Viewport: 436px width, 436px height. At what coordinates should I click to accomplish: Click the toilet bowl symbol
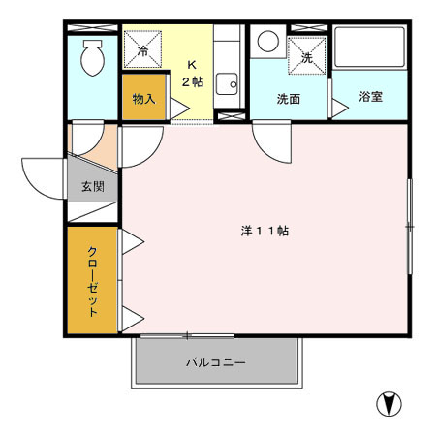pyautogui.click(x=93, y=58)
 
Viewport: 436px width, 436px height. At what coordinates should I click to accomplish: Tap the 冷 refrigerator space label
pyautogui.click(x=142, y=51)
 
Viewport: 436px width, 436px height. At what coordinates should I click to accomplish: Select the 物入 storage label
pyautogui.click(x=143, y=99)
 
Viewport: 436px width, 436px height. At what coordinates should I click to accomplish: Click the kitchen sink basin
pyautogui.click(x=227, y=84)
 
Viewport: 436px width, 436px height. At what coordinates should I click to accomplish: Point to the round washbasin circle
pyautogui.click(x=268, y=42)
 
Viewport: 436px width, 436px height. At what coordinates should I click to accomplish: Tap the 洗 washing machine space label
pyautogui.click(x=307, y=58)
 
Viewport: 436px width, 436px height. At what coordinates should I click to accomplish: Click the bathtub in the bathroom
pyautogui.click(x=369, y=47)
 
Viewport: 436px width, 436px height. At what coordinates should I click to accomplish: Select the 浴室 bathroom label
pyautogui.click(x=371, y=97)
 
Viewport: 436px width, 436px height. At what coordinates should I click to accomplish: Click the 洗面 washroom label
pyautogui.click(x=289, y=99)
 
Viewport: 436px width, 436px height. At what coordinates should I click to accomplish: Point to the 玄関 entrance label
pyautogui.click(x=93, y=186)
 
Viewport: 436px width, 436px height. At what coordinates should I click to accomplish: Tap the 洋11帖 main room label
pyautogui.click(x=265, y=231)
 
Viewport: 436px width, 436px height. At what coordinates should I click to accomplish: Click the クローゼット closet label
pyautogui.click(x=93, y=281)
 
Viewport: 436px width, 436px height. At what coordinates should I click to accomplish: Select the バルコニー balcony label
pyautogui.click(x=216, y=362)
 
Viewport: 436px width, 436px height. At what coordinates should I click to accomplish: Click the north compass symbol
pyautogui.click(x=389, y=404)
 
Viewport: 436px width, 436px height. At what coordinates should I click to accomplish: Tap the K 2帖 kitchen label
pyautogui.click(x=193, y=74)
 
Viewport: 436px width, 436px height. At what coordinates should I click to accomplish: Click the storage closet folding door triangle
pyautogui.click(x=179, y=109)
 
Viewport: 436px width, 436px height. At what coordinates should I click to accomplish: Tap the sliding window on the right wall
pyautogui.click(x=410, y=227)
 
